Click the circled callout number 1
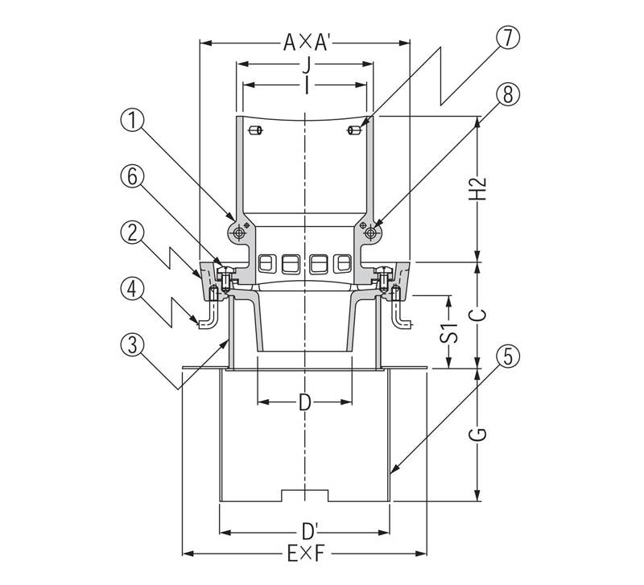pos(132,122)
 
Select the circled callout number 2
pos(132,233)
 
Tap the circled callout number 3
pos(132,345)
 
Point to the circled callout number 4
pos(132,290)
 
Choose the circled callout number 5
pos(508,356)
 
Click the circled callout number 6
pos(132,178)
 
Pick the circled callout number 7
pos(508,38)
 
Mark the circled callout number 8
pos(508,94)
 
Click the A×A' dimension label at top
pos(306,43)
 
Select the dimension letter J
pos(306,65)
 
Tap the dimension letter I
pos(307,86)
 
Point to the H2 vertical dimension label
pos(477,188)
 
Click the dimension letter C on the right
pos(478,315)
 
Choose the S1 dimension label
pos(448,333)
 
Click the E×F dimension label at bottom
pos(306,554)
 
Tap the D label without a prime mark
pos(304,402)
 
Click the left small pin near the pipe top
pos(256,131)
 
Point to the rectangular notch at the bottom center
pos(305,495)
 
